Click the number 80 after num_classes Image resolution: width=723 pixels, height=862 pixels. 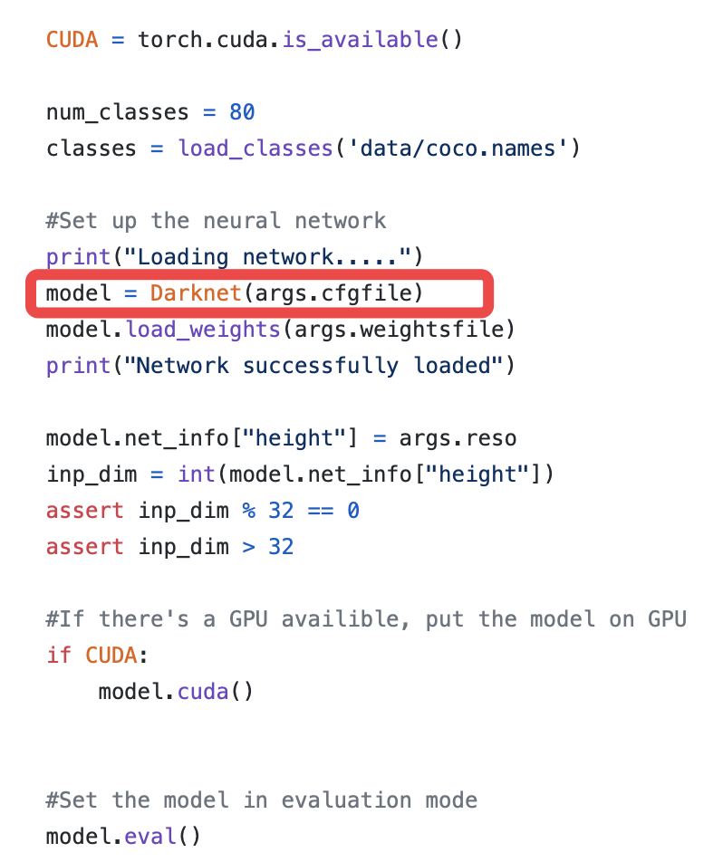pos(242,112)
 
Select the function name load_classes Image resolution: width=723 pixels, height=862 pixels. pos(255,148)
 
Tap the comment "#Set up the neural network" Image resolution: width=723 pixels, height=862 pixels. pos(217,221)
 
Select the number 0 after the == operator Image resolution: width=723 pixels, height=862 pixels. pos(353,511)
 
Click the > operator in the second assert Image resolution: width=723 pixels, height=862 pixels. pos(248,547)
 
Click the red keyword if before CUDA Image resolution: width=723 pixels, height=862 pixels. pos(59,656)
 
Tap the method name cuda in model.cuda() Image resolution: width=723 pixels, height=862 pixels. pos(203,692)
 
